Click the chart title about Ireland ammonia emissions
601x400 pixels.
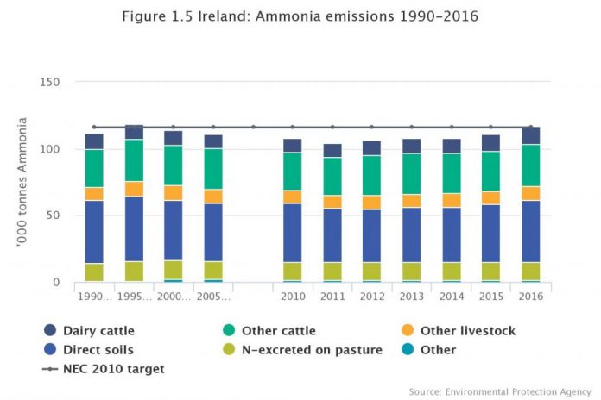pos(300,17)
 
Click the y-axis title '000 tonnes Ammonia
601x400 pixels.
pos(22,183)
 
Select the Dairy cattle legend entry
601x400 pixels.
pos(98,331)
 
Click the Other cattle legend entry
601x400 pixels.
pos(279,331)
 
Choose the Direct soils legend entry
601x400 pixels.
pos(98,350)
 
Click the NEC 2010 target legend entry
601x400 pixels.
pos(113,369)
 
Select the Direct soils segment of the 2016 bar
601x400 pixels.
pos(531,231)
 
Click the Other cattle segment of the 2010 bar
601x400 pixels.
pos(293,172)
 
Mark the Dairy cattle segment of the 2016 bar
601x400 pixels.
pos(531,135)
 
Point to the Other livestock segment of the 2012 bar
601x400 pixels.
pos(372,203)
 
